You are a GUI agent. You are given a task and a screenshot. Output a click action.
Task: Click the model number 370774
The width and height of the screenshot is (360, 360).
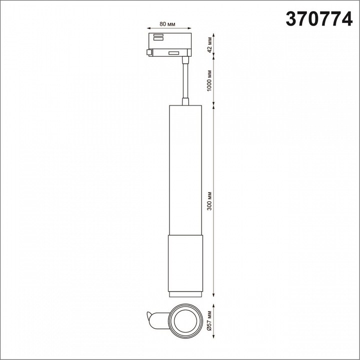coord(319,19)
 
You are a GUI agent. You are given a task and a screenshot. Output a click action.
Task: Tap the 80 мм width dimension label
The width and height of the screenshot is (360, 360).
coord(167,24)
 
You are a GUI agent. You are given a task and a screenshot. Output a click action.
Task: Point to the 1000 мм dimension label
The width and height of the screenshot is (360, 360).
coord(209,80)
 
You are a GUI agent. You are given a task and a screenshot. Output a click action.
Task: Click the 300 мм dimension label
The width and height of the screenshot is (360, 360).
coord(209,201)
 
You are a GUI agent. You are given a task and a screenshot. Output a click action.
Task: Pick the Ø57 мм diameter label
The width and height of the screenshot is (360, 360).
coord(209,321)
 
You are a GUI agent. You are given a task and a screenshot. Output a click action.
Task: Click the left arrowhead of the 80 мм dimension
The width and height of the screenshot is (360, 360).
coord(148,28)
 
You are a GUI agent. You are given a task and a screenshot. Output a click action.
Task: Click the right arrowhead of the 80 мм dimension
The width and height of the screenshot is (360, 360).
coord(189,28)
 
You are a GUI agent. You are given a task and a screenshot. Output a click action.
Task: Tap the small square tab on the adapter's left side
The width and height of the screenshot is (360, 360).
coord(149,52)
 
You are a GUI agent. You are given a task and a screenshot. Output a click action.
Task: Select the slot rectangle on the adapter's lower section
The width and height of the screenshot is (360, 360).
coord(173,53)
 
